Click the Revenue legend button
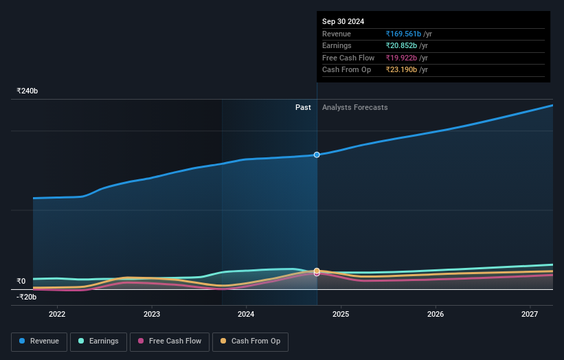click(39, 341)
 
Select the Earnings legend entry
click(98, 341)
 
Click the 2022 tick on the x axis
click(57, 315)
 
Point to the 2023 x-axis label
click(152, 315)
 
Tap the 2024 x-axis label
click(246, 315)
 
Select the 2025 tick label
click(341, 315)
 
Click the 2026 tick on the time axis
click(436, 315)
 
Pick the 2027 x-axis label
click(530, 315)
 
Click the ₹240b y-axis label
click(27, 91)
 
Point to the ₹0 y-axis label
click(21, 281)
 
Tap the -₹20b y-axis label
click(27, 297)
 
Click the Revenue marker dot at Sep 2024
click(317, 155)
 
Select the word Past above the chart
click(303, 108)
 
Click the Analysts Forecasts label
click(354, 108)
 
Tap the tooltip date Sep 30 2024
click(343, 21)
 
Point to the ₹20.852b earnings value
click(401, 46)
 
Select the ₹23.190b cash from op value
click(401, 70)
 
